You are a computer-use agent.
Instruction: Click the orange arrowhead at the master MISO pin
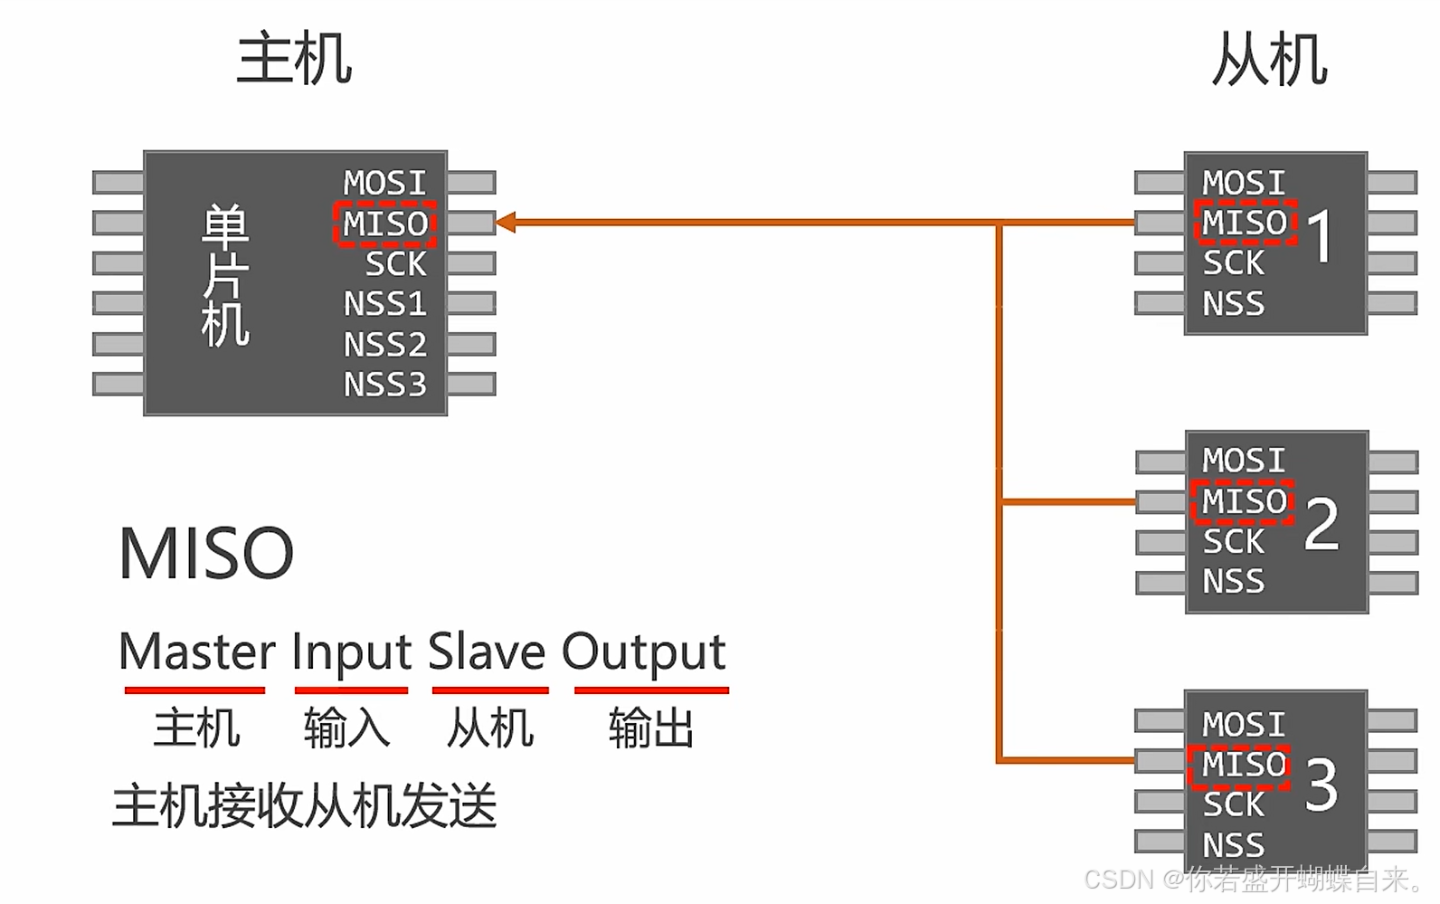pyautogui.click(x=506, y=222)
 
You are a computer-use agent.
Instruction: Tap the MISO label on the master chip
pyautogui.click(x=385, y=224)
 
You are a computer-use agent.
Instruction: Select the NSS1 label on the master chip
pyautogui.click(x=384, y=303)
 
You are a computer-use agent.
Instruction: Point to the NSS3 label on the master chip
pyautogui.click(x=384, y=385)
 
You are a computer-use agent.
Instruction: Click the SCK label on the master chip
pyautogui.click(x=395, y=263)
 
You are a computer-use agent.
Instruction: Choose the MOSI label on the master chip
pyautogui.click(x=384, y=183)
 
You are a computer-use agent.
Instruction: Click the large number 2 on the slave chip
pyautogui.click(x=1322, y=524)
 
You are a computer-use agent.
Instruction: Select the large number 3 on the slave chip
pyautogui.click(x=1322, y=785)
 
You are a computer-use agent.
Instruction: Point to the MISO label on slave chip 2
pyautogui.click(x=1244, y=501)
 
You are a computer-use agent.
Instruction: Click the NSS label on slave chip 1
pyautogui.click(x=1233, y=303)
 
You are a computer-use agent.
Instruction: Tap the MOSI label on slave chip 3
pyautogui.click(x=1244, y=724)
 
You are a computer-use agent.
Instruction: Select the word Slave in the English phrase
pyautogui.click(x=487, y=652)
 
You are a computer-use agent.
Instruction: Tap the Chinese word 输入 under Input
pyautogui.click(x=346, y=728)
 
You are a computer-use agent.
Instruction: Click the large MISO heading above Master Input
pyautogui.click(x=206, y=553)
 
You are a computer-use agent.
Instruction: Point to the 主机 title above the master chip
pyautogui.click(x=294, y=59)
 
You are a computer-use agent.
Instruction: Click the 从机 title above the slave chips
pyautogui.click(x=1269, y=60)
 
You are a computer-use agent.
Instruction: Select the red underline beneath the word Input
pyautogui.click(x=351, y=690)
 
